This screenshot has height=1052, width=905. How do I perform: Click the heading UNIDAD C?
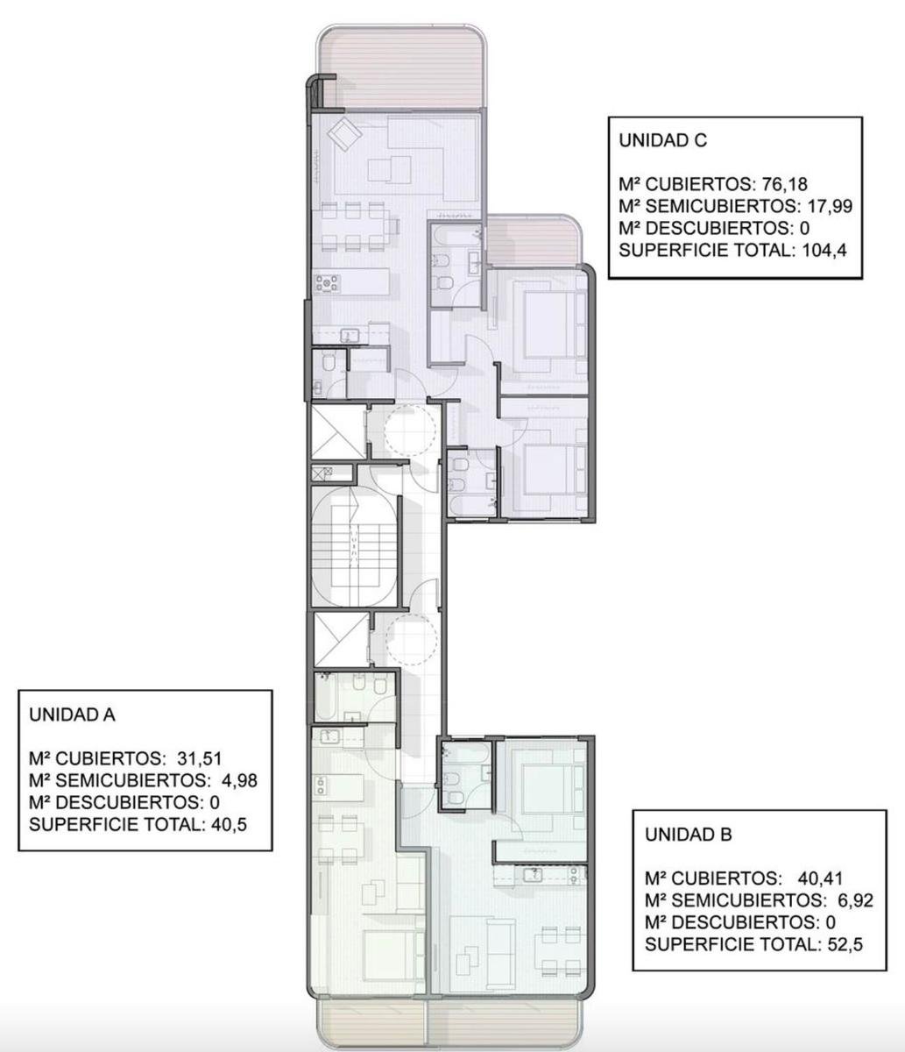pyautogui.click(x=662, y=140)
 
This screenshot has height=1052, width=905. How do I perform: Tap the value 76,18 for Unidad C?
pyautogui.click(x=785, y=184)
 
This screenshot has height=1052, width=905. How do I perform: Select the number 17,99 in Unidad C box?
pyautogui.click(x=830, y=206)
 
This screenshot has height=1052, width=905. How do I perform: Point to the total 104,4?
pyautogui.click(x=824, y=250)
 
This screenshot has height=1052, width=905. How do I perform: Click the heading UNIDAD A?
pyautogui.click(x=72, y=715)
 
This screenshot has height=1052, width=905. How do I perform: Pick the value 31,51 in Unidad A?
pyautogui.click(x=200, y=759)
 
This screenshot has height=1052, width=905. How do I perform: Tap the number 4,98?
pyautogui.click(x=239, y=781)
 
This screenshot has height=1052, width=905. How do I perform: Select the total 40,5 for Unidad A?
pyautogui.click(x=229, y=824)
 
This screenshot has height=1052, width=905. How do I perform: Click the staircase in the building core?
pyautogui.click(x=354, y=547)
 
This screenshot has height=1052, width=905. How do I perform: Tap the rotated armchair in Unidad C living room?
pyautogui.click(x=344, y=134)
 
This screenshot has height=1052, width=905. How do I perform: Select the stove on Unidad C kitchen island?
pyautogui.click(x=327, y=283)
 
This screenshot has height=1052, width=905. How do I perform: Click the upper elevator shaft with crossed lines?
pyautogui.click(x=339, y=431)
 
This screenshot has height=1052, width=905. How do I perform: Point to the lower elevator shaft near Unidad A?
pyautogui.click(x=342, y=639)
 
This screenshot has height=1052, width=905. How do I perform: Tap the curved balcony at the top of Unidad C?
pyautogui.click(x=402, y=66)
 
